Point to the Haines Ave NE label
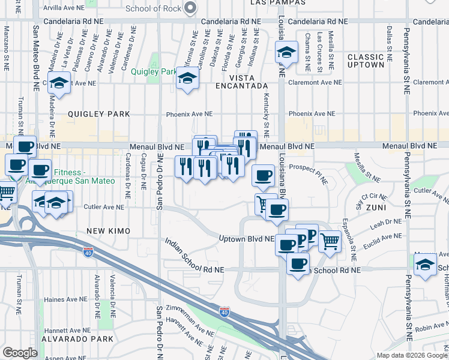(x=62, y=299)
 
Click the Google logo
(x=20, y=353)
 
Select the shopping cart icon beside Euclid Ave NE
(x=330, y=241)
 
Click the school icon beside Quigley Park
(x=187, y=79)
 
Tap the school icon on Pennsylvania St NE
(x=425, y=265)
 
